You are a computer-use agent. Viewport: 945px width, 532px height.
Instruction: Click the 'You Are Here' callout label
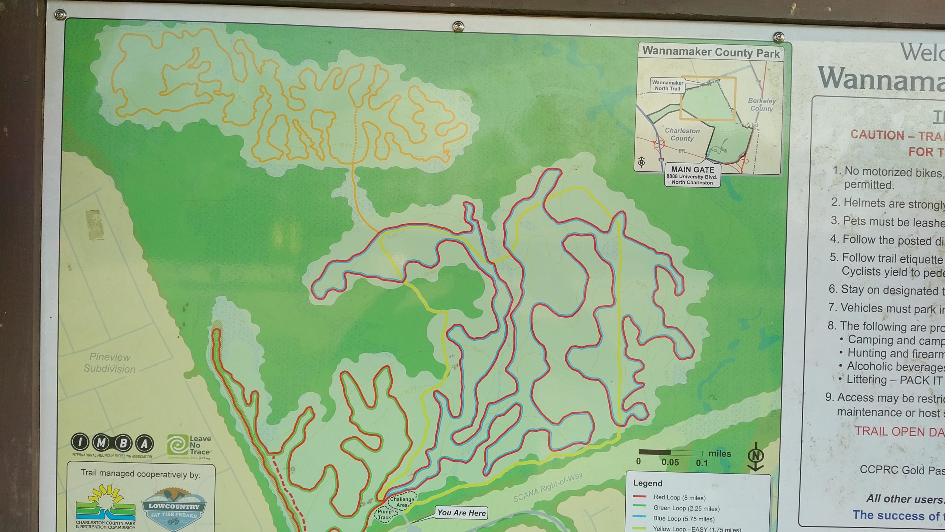click(461, 513)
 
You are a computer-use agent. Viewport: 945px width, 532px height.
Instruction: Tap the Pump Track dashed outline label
click(384, 515)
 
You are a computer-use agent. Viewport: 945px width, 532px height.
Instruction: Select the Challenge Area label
click(402, 502)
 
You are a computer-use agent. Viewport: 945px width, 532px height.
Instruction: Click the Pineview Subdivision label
click(110, 363)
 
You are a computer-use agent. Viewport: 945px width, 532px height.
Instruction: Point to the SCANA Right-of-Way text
click(548, 488)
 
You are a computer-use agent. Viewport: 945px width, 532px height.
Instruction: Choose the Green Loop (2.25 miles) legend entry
click(686, 508)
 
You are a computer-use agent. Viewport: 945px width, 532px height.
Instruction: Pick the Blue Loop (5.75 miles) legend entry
click(683, 519)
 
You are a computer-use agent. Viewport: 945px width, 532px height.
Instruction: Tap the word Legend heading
click(647, 483)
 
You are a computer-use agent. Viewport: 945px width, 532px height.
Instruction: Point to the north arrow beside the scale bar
click(755, 457)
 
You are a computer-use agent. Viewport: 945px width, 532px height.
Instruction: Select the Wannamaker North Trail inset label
click(667, 86)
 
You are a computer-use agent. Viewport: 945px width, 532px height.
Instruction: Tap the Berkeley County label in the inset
click(762, 105)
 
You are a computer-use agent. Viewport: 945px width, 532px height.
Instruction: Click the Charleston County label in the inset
click(682, 134)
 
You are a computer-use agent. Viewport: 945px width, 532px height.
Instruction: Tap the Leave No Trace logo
click(189, 446)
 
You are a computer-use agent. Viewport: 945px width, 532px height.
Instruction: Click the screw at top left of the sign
click(60, 15)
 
